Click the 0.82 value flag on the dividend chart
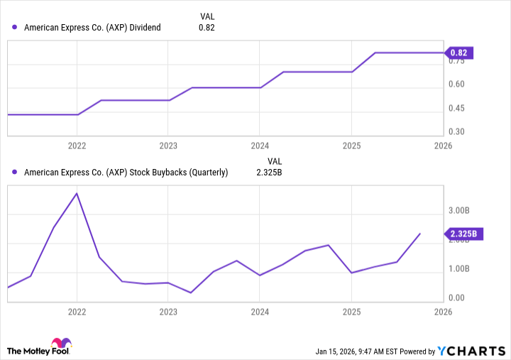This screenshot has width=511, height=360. click(x=459, y=53)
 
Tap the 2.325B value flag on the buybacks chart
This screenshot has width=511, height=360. click(x=464, y=234)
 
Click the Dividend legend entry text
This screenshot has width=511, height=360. click(x=92, y=28)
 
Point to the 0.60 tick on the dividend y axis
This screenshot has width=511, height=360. click(x=457, y=84)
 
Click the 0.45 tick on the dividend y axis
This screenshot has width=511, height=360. click(x=457, y=108)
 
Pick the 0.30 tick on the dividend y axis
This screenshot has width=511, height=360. click(x=457, y=132)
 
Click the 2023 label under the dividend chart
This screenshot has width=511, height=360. click(x=168, y=146)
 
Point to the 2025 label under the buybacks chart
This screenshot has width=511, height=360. click(x=351, y=312)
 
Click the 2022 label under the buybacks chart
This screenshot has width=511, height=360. click(x=77, y=312)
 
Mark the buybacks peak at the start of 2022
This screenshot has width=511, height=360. click(x=77, y=193)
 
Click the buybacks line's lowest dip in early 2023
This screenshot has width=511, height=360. click(x=191, y=293)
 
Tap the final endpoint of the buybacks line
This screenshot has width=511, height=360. click(x=419, y=234)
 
